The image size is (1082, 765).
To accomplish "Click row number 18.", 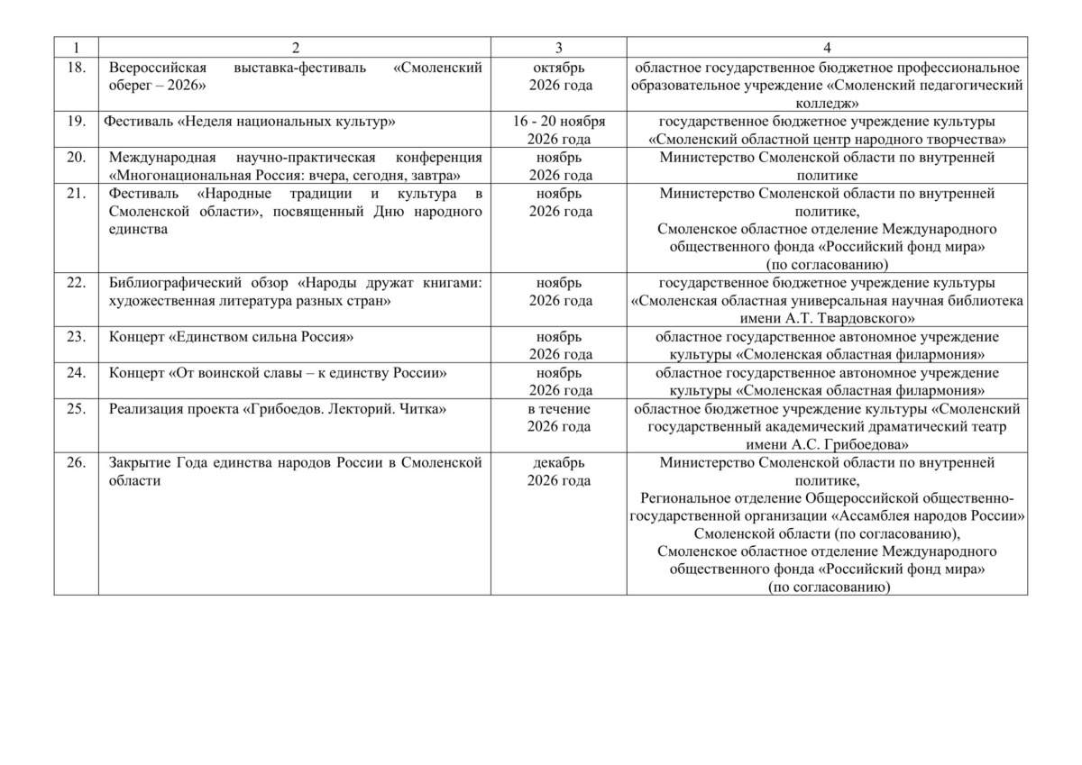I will [x=77, y=68].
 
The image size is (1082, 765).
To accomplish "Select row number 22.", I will [x=77, y=283].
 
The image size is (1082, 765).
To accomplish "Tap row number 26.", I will [x=77, y=463].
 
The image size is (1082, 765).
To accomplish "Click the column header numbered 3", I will [x=558, y=46].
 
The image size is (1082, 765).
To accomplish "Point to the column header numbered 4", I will [x=827, y=46].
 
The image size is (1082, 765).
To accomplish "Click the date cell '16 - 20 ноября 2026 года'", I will [x=559, y=130].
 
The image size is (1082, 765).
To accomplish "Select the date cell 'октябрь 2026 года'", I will [x=559, y=77].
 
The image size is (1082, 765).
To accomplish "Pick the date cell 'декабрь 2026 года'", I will [x=559, y=471].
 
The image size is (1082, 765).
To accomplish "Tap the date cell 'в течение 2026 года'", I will [x=559, y=417].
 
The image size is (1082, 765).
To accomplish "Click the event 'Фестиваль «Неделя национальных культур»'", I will [x=251, y=122].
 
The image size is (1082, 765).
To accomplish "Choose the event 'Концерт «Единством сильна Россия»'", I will [x=230, y=337].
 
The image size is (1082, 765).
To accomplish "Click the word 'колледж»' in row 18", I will [x=827, y=104].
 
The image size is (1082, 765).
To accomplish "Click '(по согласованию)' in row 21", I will [x=827, y=265].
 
